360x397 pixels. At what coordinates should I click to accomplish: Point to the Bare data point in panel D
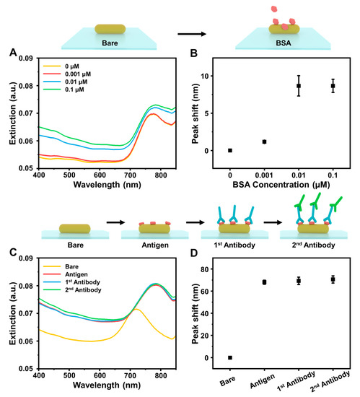pyautogui.click(x=230, y=357)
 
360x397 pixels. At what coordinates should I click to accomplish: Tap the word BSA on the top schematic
pyautogui.click(x=284, y=44)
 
